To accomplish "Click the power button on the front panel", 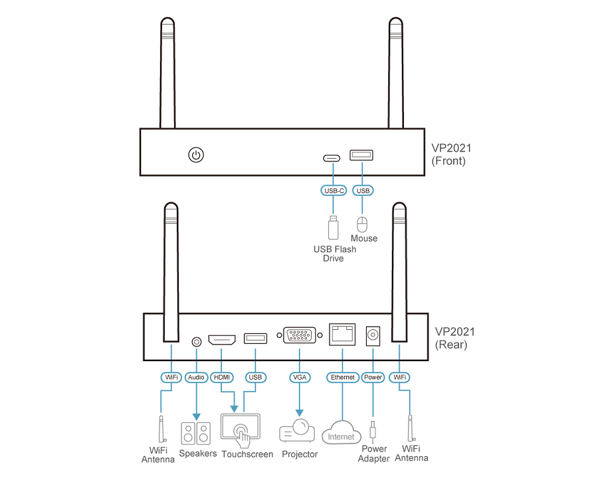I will tap(195, 155).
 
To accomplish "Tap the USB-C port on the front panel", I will tap(332, 158).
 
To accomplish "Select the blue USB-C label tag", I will tap(332, 191).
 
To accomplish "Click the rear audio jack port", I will tap(196, 341).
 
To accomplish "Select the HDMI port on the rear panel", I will tap(222, 341).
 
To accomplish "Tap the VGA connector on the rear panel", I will tap(299, 335).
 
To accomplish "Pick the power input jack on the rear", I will tap(373, 335).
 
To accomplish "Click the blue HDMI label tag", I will tap(222, 377).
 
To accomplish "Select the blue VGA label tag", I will tap(299, 377).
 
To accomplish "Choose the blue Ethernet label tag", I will tap(343, 377).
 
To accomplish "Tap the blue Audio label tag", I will tap(196, 377).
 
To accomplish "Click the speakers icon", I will tap(196, 434).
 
